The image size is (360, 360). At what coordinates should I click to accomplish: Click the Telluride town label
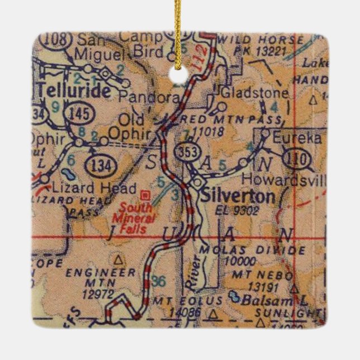pyautogui.click(x=73, y=91)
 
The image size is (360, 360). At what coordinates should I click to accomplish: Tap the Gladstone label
pyautogui.click(x=255, y=92)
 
